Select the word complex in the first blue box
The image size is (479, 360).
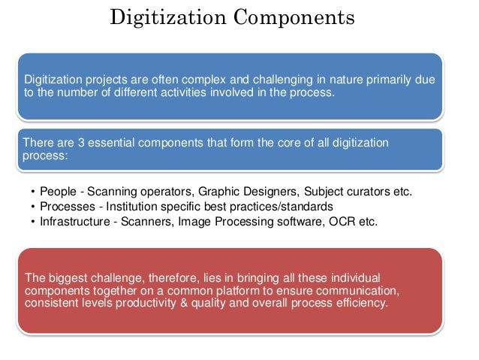point(200,79)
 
